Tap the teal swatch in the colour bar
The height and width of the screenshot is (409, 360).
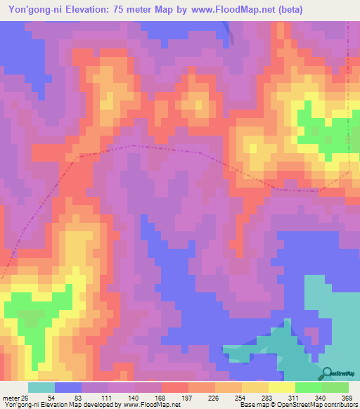click(x=41, y=388)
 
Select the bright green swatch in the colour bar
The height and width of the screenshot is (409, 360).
click(x=308, y=388)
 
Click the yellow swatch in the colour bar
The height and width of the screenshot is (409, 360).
click(x=281, y=388)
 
